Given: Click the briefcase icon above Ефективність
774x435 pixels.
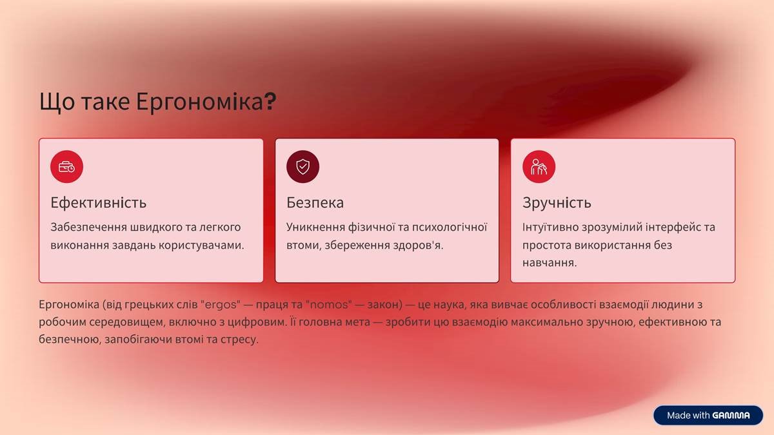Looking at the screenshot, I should click(66, 166).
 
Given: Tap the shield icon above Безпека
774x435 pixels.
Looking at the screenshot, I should click(303, 166).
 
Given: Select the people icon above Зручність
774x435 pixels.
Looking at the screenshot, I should click(539, 166).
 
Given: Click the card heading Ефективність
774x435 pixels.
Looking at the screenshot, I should click(98, 202).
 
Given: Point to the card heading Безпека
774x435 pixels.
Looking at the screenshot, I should click(315, 202).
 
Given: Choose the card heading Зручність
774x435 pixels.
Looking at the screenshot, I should click(557, 202).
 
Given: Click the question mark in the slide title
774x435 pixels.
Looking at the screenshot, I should click(271, 102).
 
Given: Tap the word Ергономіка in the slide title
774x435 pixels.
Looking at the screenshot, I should click(200, 102).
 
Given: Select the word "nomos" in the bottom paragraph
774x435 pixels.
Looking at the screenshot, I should click(329, 304).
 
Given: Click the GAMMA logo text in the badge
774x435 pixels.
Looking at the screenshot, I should click(731, 416).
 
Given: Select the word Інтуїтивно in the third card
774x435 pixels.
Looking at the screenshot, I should click(549, 227).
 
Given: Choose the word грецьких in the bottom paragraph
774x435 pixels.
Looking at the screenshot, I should click(148, 304).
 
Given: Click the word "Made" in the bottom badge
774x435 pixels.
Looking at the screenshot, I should click(679, 416).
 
